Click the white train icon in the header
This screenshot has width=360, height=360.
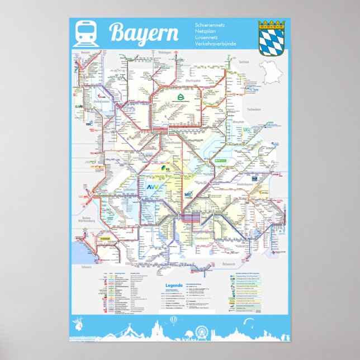click(86, 33)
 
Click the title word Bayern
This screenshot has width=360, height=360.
click(144, 34)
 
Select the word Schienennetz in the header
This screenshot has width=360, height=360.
click(208, 26)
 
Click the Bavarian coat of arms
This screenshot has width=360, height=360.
click(272, 38)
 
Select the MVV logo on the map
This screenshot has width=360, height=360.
click(188, 195)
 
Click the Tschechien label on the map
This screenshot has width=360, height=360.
click(254, 110)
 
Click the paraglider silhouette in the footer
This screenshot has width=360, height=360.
click(263, 323)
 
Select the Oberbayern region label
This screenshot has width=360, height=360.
click(201, 238)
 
